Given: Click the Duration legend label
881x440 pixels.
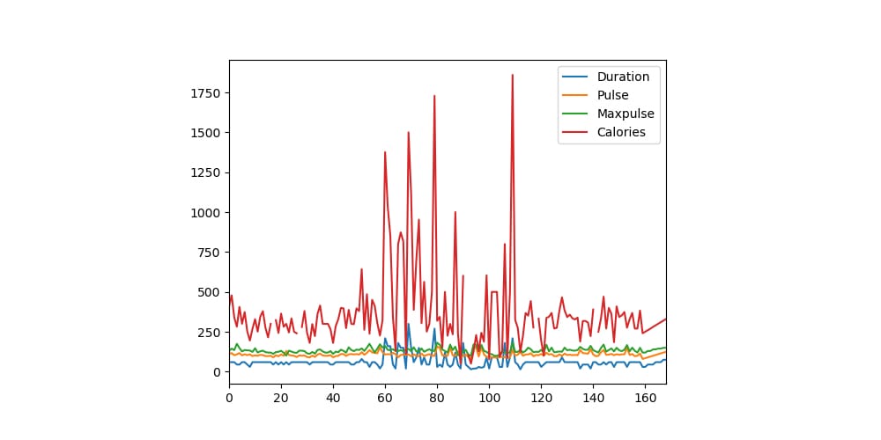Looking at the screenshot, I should point(623,77).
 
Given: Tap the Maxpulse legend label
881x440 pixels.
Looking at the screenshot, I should point(626,114).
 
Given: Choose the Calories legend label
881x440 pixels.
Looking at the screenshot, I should point(621,132).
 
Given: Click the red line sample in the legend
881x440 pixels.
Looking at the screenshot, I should point(576,132).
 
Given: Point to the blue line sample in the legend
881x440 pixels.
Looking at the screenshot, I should point(576,77).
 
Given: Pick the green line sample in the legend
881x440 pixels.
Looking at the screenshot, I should point(576,114).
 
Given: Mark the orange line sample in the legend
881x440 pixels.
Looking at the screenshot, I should point(576,95).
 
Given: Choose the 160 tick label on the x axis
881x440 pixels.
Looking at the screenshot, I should point(645,398).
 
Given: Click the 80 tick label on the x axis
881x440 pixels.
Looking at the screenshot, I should point(437,398).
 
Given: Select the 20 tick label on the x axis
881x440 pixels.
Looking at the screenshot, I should point(281,398).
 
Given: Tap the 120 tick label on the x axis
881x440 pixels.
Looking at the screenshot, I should point(541,398).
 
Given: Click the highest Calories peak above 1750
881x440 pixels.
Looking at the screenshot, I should point(512,75).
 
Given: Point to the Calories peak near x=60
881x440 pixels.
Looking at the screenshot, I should point(385,152).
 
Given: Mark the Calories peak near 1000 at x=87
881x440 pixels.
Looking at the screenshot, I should point(455,212).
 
